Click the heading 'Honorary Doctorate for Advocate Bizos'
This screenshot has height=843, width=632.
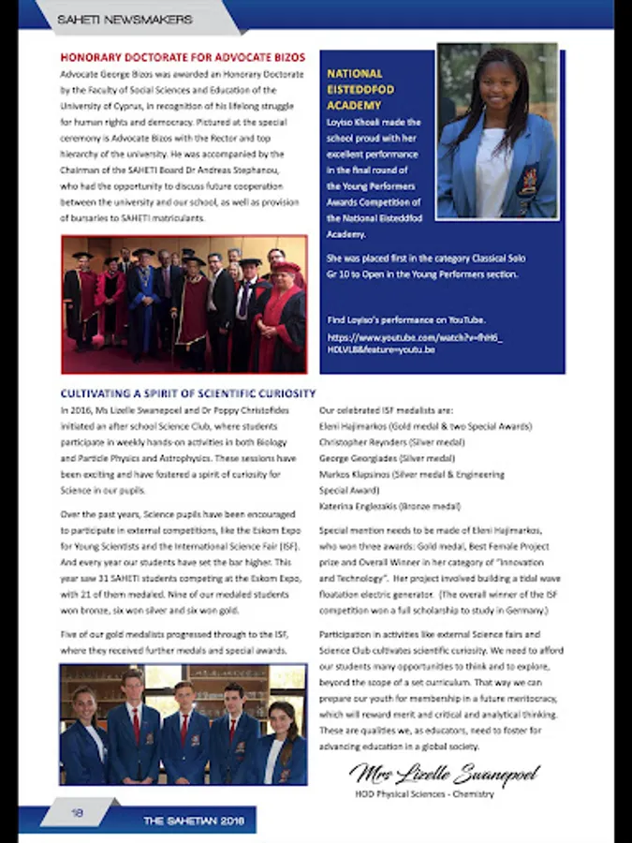(x=183, y=57)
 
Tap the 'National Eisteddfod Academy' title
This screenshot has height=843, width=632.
(x=360, y=89)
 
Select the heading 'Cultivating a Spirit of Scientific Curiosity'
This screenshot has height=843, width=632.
(x=188, y=393)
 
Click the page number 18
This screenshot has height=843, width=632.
(x=77, y=813)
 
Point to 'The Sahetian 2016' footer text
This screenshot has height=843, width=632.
(x=194, y=821)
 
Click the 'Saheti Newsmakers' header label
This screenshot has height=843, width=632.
(x=125, y=19)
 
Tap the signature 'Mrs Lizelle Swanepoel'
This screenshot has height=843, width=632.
(x=444, y=775)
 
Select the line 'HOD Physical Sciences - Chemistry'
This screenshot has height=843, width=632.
(x=424, y=795)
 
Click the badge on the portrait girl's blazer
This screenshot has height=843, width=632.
(x=529, y=178)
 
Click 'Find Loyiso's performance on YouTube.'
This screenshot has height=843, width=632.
(x=405, y=319)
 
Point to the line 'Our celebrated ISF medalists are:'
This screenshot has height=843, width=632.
(x=386, y=410)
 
